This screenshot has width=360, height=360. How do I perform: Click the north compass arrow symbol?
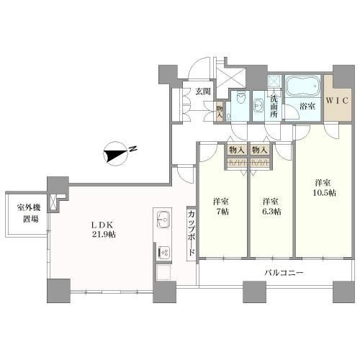[115, 151]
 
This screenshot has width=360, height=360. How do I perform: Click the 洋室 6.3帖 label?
[271, 206]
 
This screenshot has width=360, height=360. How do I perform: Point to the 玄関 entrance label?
[202, 91]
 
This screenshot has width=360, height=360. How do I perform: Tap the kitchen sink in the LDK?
[163, 218]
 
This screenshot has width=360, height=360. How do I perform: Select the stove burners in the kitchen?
[163, 252]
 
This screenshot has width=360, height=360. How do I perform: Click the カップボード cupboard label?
[191, 232]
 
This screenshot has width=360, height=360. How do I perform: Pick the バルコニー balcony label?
[282, 273]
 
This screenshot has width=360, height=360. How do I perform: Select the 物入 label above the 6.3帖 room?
[259, 149]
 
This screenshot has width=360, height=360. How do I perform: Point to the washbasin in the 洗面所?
[258, 104]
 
